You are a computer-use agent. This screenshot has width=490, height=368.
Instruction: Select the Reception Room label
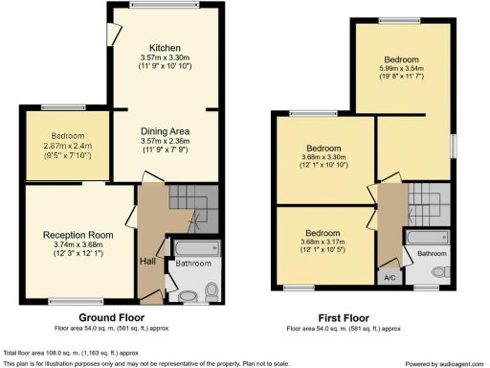(x=78, y=234)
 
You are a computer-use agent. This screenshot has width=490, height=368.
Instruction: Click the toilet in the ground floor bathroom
(x=187, y=292)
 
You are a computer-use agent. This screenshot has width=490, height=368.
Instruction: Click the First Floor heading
(x=344, y=316)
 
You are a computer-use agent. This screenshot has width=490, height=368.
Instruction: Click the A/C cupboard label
(x=390, y=277)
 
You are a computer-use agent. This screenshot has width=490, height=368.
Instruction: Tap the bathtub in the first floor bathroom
(x=427, y=237)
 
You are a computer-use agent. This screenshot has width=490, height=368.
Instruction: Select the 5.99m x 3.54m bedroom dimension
(x=403, y=70)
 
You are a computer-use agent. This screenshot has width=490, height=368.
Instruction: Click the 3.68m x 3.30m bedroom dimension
(x=323, y=158)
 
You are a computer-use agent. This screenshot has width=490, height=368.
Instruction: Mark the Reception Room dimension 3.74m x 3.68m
(x=78, y=245)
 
